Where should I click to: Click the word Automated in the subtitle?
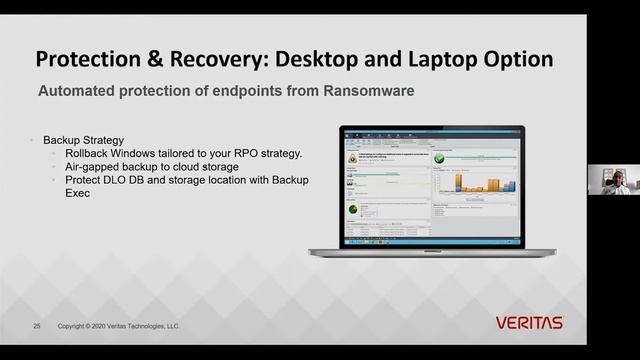(79, 91)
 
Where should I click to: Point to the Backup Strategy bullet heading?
(82, 140)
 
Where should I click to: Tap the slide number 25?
(37, 326)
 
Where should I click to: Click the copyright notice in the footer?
(119, 326)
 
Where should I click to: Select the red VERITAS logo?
(529, 322)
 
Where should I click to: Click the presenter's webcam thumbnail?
(612, 179)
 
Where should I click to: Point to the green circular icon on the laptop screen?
(352, 208)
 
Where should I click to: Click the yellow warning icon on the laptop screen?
(352, 157)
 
